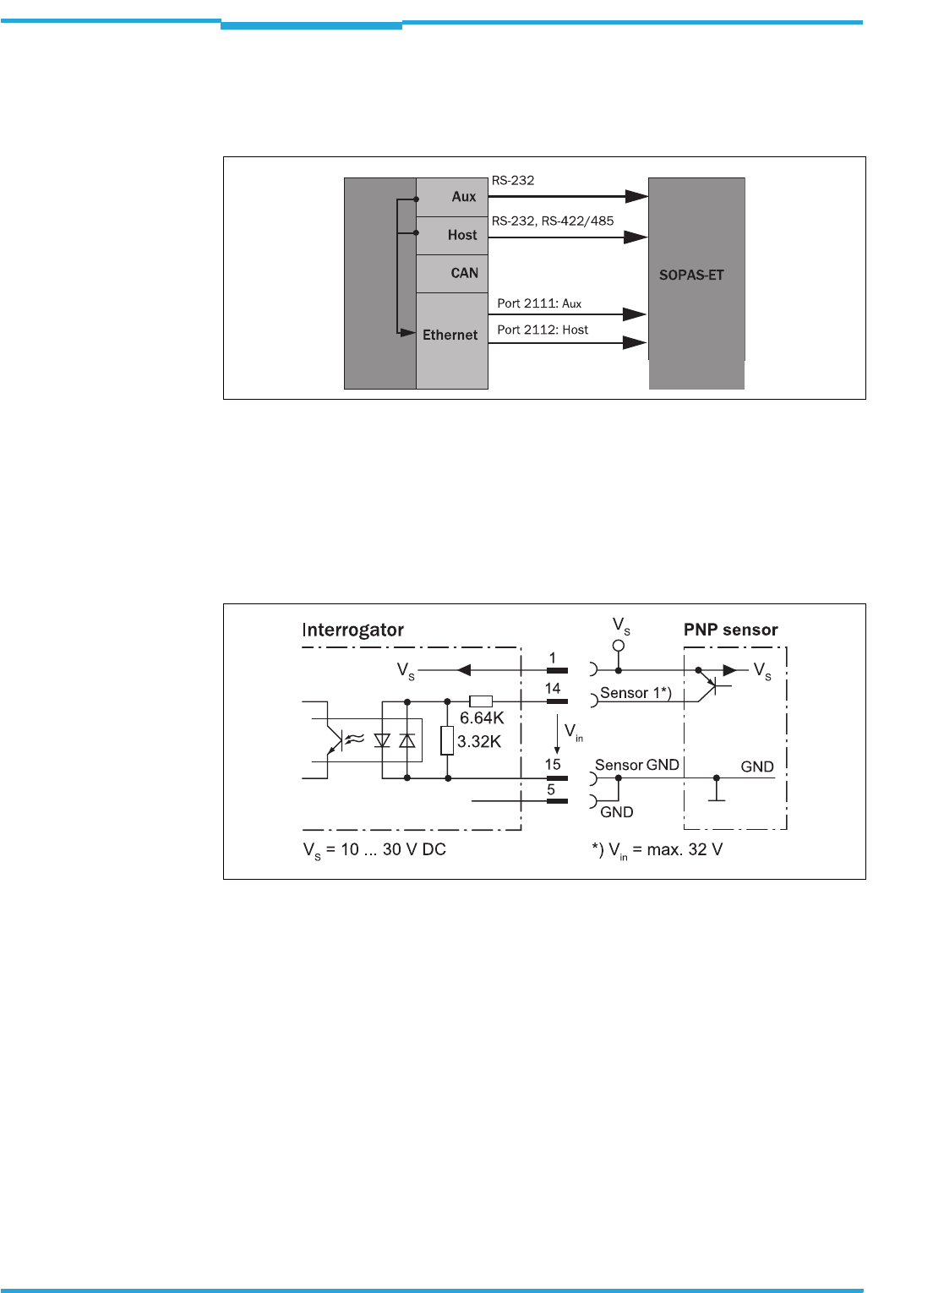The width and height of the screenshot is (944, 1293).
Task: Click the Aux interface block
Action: pos(452,197)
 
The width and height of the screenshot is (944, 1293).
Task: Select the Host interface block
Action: pos(452,235)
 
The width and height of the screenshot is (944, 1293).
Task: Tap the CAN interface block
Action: pos(452,273)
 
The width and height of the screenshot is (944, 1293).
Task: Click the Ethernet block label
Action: pos(450,335)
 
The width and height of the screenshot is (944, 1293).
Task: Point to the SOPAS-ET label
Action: pos(691,275)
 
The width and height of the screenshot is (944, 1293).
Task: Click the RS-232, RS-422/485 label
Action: pos(553,221)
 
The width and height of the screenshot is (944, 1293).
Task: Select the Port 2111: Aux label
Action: pos(539,303)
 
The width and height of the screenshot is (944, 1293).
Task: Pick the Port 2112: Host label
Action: pos(543,330)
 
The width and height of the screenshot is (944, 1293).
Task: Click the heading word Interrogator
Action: pos(352,630)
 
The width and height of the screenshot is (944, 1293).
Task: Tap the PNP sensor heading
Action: pos(730,630)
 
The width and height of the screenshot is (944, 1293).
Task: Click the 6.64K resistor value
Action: pos(482,717)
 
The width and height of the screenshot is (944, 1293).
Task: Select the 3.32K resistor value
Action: pos(479,741)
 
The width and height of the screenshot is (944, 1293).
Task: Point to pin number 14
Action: pos(553,689)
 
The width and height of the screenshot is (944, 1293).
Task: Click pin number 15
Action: pos(553,764)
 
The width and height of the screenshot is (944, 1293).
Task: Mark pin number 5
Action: pos(551,789)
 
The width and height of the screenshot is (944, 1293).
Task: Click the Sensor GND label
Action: pos(636,765)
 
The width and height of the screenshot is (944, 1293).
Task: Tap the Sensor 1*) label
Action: pos(636,693)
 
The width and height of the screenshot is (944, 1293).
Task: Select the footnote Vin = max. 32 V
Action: pos(658,850)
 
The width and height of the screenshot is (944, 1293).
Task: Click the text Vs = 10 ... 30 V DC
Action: pos(374,850)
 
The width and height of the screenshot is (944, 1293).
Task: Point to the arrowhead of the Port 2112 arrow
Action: pos(635,342)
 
